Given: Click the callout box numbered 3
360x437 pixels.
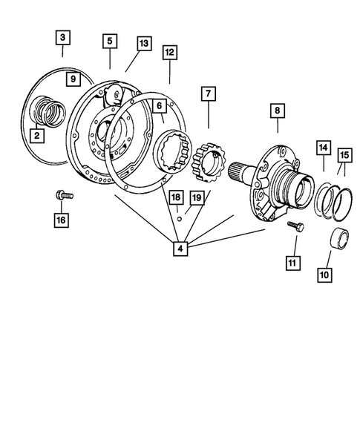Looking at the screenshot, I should (64, 37).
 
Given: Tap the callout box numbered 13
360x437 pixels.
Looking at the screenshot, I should (143, 44).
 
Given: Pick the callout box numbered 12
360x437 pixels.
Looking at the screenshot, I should (170, 53).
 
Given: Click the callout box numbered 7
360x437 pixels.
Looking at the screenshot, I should (209, 93).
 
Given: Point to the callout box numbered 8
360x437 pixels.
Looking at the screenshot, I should (278, 111).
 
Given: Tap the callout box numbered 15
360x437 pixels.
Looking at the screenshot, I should (344, 154).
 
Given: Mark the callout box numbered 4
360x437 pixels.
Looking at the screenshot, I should (181, 248).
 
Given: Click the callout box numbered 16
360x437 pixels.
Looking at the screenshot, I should (60, 220).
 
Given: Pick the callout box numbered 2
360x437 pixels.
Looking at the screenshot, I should (36, 136).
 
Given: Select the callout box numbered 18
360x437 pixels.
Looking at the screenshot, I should (174, 197).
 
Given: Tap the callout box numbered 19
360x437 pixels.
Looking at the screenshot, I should (195, 197).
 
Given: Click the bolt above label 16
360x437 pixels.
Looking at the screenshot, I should (62, 196).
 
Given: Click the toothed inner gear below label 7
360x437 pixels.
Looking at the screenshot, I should (208, 165).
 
